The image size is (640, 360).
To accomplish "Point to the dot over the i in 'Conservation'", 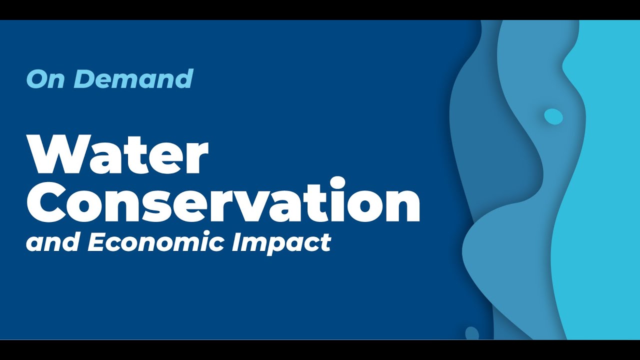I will pyautogui.click(x=338, y=182).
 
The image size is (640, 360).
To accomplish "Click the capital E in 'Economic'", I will pyautogui.click(x=96, y=242).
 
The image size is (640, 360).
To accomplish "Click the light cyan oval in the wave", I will pyautogui.click(x=553, y=116).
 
